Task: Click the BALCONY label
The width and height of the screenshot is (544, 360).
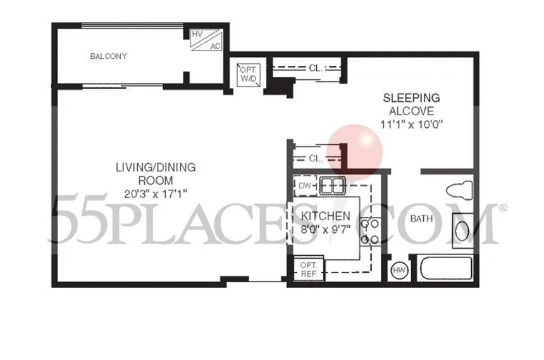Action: point(108,56)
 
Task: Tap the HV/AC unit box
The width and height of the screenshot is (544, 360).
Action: point(206,40)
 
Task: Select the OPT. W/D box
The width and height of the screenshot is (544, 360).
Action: point(249,74)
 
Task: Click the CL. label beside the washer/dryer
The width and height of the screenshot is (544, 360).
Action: point(316,68)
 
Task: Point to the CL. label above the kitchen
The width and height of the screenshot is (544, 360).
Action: point(316,159)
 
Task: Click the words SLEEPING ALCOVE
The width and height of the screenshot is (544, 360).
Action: point(411,104)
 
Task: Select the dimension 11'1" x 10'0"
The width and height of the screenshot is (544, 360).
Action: point(411,124)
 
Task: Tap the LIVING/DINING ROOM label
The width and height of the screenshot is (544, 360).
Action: point(156,173)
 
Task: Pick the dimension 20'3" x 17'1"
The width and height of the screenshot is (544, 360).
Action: point(156,194)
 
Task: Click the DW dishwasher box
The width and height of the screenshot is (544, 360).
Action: point(305,186)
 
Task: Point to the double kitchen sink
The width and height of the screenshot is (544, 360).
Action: point(333,186)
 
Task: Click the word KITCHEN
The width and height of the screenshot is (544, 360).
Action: point(325,216)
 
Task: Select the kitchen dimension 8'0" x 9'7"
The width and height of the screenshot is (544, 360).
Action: point(325,230)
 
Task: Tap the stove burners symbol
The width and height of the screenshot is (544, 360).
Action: point(370,232)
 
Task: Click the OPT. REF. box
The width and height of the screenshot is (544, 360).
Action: point(309,269)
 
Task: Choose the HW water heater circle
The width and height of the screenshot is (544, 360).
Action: point(399,270)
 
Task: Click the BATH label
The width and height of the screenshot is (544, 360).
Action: point(421,219)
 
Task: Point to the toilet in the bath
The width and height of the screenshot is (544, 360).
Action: point(459,190)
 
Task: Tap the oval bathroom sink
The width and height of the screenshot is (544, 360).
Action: point(462,231)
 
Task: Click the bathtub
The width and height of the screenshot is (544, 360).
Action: point(446,268)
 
